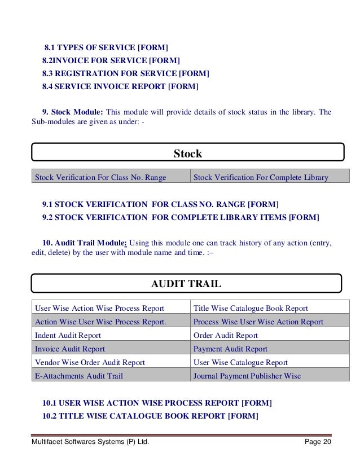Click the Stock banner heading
click(187, 153)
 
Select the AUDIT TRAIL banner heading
click(186, 284)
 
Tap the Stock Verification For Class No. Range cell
click(100, 178)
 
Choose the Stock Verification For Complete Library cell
click(261, 178)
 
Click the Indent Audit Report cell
click(68, 335)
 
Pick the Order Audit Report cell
click(225, 335)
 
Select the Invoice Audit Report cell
click(70, 349)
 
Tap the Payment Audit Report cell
click(230, 349)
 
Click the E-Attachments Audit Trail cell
click(79, 376)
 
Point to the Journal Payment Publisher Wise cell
click(247, 376)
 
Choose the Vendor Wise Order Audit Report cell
click(90, 362)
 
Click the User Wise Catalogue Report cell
click(240, 362)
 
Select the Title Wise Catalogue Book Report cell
click(251, 308)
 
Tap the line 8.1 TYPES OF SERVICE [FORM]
click(106, 47)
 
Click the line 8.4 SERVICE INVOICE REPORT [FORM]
click(120, 86)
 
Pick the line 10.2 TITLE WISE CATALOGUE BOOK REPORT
click(150, 416)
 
